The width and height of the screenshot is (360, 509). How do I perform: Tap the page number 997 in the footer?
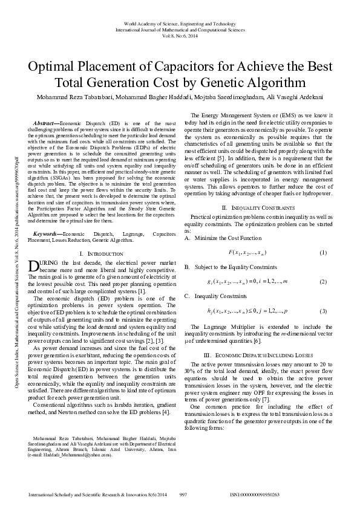183,495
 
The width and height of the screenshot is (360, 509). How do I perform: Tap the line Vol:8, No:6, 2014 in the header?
180,36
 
